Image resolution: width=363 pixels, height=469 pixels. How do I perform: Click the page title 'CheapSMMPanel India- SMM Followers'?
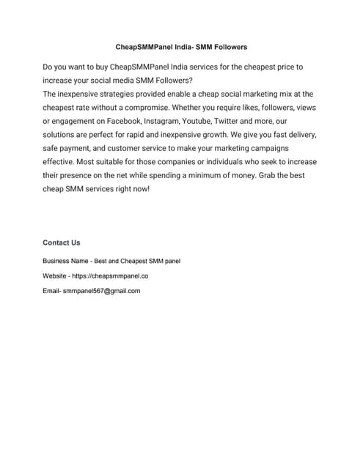click(x=182, y=47)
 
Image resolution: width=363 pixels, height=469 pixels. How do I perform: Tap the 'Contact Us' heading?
click(x=62, y=243)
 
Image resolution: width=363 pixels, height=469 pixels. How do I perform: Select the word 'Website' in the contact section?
click(x=56, y=276)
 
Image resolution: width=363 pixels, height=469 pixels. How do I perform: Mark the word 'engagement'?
click(x=79, y=121)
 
